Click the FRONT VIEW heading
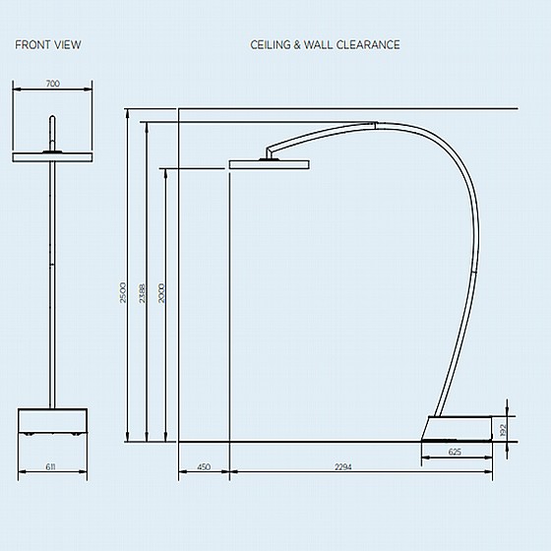click(48, 45)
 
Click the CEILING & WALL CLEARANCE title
click(325, 45)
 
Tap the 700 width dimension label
click(53, 84)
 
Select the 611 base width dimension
click(50, 466)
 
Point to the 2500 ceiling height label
click(123, 292)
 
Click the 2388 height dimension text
click(142, 293)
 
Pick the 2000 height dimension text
click(161, 293)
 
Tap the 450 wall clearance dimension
click(204, 466)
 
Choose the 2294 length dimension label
click(343, 466)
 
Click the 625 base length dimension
click(455, 452)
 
